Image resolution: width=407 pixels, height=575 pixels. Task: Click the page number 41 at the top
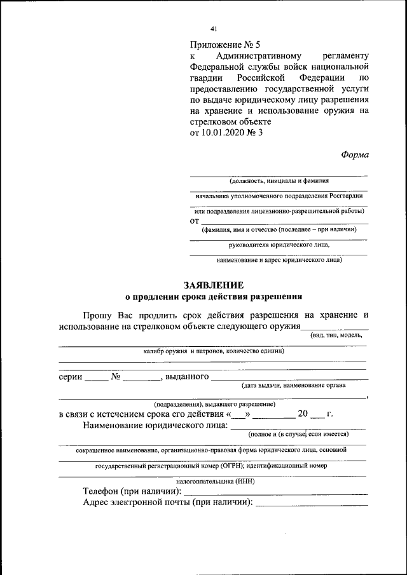(214, 29)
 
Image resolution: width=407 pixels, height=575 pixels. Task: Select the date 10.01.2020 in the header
(226, 132)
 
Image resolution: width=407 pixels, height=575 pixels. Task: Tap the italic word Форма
(354, 154)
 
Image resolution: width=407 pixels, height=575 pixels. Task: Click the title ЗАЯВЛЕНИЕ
(213, 285)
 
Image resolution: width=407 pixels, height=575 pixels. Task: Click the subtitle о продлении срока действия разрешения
(213, 296)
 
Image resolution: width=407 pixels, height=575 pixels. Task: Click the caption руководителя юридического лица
(279, 244)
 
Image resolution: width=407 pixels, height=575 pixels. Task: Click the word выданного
(187, 377)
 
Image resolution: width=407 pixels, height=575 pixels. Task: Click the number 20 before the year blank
(303, 414)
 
